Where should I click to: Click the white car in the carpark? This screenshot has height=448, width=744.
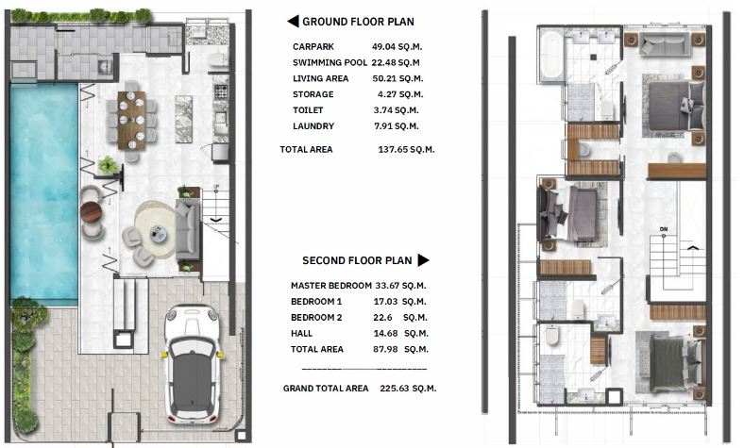193,364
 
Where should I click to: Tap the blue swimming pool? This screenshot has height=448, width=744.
43,192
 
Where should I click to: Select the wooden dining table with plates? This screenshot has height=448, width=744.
131,121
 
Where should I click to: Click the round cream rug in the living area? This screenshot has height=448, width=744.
156,230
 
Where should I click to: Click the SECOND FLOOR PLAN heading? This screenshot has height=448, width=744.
357,260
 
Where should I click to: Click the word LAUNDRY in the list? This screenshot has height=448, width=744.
313,126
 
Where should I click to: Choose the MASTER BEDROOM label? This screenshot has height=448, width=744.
331,286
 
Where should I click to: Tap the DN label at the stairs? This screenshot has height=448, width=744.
664,229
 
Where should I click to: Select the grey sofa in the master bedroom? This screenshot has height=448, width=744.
665,43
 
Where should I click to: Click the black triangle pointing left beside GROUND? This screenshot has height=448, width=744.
293,22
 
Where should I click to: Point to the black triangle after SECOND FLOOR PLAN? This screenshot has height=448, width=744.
423,259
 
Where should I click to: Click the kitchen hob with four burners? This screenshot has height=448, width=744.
221,91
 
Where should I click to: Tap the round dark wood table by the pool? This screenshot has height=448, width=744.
91,212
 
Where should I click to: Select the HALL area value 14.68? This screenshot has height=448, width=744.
385,333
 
